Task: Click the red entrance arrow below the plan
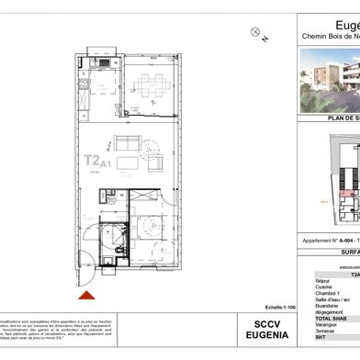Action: [x=87, y=296]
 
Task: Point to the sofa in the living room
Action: [x=126, y=142]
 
